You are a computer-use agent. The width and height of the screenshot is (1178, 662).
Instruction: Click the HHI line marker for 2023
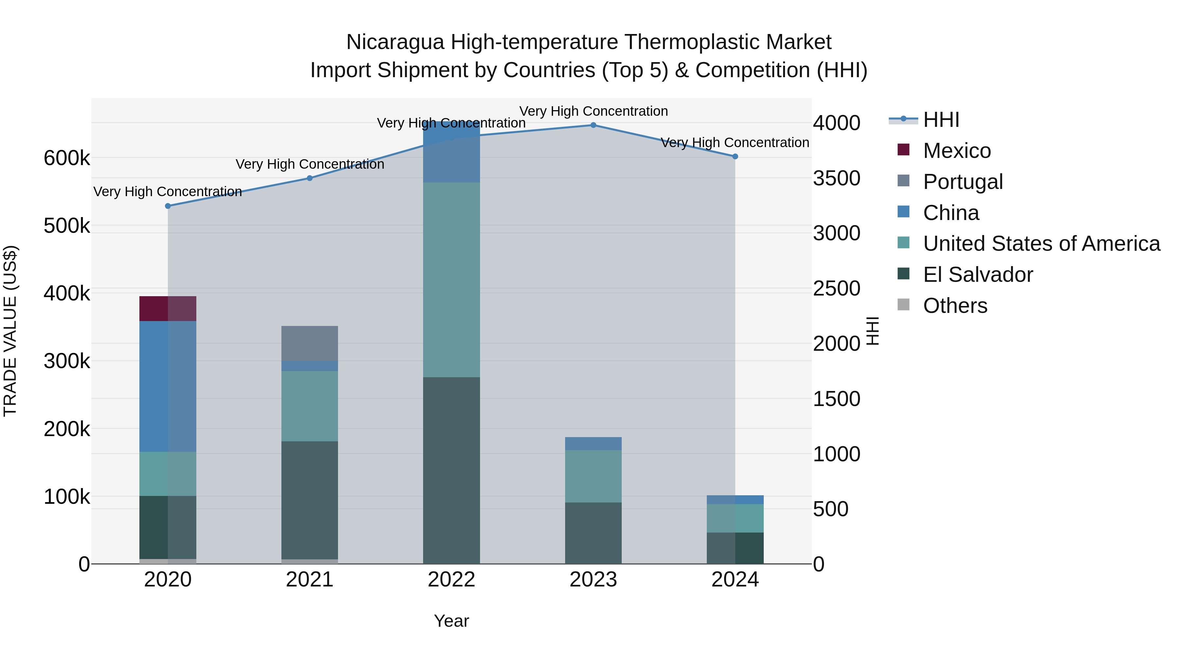593,125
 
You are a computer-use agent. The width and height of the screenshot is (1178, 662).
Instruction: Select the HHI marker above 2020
168,206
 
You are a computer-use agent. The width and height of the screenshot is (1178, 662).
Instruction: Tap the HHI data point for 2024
735,157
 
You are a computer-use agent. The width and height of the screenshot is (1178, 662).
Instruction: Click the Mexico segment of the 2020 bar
168,309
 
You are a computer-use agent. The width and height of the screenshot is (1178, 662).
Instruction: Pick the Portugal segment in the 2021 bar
310,344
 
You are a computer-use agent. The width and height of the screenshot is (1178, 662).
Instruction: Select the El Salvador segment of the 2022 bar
451,470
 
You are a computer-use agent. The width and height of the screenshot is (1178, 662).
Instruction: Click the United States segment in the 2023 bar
593,477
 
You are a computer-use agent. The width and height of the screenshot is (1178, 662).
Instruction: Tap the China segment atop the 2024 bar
735,500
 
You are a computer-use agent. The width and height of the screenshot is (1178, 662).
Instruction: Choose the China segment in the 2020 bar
168,386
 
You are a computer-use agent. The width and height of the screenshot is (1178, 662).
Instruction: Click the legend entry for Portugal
963,182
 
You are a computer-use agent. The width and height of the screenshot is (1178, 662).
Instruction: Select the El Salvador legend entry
978,275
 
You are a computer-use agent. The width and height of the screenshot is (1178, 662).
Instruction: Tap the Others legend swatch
903,305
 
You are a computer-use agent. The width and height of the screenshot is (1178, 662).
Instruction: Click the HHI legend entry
941,120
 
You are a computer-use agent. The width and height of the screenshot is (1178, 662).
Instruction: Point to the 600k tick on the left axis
67,159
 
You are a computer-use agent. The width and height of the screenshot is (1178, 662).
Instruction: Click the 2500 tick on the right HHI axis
836,289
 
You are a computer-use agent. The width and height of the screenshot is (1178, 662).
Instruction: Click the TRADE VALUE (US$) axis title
10,331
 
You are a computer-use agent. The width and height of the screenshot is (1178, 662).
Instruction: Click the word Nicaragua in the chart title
395,42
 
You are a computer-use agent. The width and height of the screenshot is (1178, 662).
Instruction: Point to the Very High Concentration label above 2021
310,164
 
